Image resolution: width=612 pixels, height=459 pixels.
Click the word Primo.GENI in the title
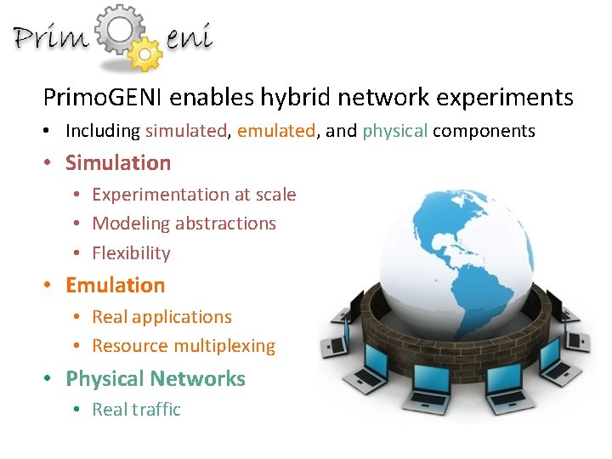tap(104, 98)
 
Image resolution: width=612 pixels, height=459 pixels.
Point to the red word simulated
tap(186, 131)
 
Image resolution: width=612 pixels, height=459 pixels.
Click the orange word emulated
tap(276, 131)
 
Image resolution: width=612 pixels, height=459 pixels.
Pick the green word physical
tap(394, 131)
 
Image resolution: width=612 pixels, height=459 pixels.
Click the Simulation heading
tap(118, 162)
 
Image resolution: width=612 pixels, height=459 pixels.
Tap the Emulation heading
tap(115, 285)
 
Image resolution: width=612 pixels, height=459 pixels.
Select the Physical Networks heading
tap(155, 378)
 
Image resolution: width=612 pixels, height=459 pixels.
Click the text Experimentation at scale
tap(194, 195)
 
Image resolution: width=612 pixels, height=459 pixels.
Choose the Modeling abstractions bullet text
tap(184, 224)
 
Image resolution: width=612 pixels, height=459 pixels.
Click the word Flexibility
tap(131, 253)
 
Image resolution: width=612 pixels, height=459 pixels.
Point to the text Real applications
tap(161, 317)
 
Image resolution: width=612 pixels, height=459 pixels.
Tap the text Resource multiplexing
tap(184, 346)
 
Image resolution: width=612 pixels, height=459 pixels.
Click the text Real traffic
tap(136, 410)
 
